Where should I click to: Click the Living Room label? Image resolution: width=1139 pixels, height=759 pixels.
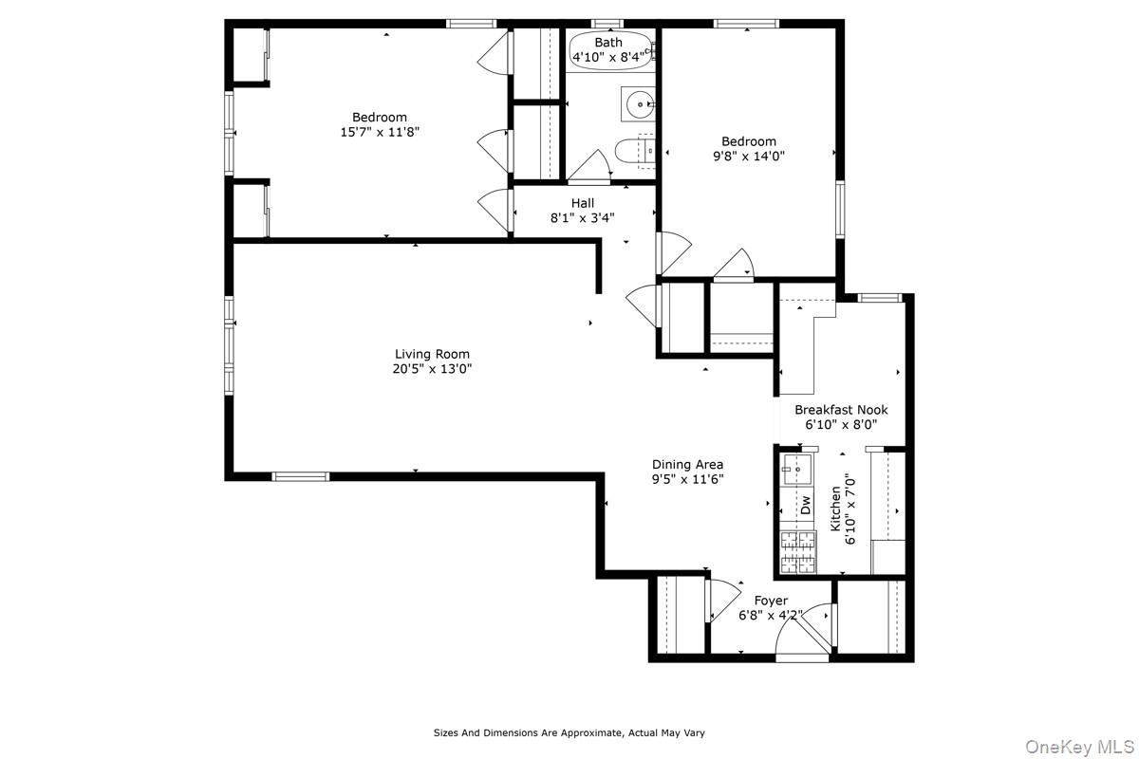(x=432, y=354)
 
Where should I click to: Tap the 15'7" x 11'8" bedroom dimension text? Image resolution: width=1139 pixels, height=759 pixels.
(x=380, y=133)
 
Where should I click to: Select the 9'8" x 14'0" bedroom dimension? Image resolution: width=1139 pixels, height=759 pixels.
(x=749, y=156)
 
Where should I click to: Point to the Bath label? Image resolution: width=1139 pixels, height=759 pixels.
(x=608, y=43)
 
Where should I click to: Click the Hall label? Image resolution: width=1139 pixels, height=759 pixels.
(x=583, y=203)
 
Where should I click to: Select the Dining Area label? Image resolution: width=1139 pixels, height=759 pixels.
(x=687, y=464)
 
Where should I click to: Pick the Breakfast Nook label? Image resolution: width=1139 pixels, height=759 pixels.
(x=841, y=410)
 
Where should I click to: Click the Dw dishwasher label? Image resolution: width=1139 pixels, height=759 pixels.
(x=805, y=505)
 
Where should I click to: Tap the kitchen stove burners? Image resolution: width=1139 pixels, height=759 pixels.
(x=797, y=552)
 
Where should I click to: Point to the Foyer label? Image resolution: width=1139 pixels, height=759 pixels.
(x=771, y=601)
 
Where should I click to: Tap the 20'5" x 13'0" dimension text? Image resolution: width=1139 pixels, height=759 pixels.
(x=432, y=369)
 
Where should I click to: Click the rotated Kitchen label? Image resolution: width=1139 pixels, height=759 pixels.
(x=835, y=509)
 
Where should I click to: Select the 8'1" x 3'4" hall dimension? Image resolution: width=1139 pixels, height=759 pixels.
(x=583, y=217)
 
